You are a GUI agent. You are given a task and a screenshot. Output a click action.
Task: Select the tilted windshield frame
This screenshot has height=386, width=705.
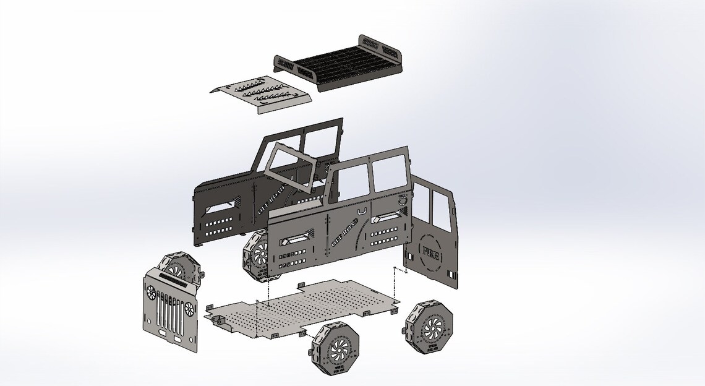(291, 167)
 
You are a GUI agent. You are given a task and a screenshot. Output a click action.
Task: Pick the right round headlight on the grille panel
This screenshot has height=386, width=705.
(188, 307)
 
